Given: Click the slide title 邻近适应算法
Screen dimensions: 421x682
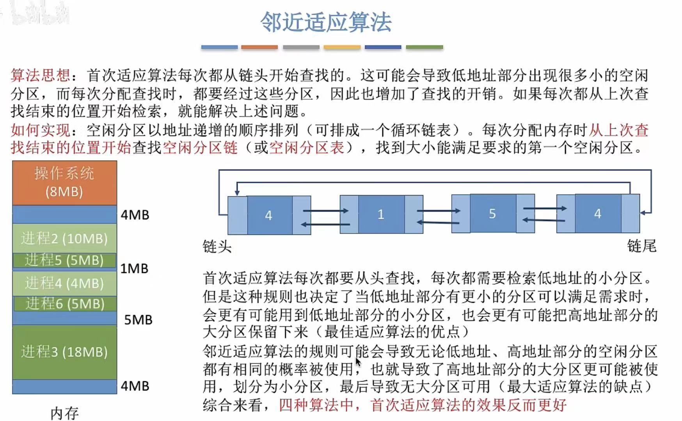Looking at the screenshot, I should coord(326,22).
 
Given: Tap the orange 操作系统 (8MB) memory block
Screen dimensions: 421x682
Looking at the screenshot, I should coord(64,183).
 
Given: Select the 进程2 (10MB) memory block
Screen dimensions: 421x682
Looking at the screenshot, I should coord(64,238).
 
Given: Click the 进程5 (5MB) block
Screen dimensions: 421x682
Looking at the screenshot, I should coord(64,260).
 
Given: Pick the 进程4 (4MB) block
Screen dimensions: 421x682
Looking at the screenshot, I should coord(64,283).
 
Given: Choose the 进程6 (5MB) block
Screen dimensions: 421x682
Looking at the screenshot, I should coord(65,304).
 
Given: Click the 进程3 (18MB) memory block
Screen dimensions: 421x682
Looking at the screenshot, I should coord(64,352).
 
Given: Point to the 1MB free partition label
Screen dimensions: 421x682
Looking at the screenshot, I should coord(134,269).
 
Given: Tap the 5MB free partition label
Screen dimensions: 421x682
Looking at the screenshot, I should coord(138,320).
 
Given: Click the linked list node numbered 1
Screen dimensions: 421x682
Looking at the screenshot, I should coord(381,214).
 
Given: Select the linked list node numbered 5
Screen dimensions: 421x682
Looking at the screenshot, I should coord(492,214).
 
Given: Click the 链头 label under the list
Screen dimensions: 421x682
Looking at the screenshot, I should coord(217,247).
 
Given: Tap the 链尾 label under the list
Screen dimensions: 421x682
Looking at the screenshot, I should coord(641,246).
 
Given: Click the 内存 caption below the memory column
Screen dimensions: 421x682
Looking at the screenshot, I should coord(64,413).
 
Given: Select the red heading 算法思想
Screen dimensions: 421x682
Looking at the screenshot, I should coord(40,75).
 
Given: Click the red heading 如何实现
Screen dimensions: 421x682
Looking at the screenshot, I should coord(40,130).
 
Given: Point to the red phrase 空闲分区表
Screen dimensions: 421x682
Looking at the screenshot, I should coord(307,147).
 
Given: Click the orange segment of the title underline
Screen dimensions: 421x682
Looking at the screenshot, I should coord(259,47).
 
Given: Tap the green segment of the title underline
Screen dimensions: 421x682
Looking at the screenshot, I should coord(424,47).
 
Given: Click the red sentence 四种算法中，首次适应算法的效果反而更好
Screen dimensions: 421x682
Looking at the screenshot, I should coord(422,405).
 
